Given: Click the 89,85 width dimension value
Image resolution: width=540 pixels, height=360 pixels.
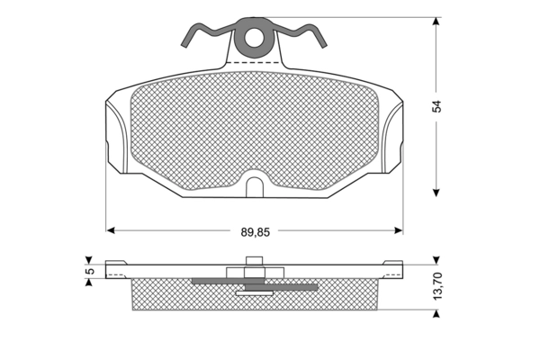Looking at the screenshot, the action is (256, 232).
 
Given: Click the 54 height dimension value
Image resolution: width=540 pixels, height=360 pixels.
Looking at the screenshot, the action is (436, 106).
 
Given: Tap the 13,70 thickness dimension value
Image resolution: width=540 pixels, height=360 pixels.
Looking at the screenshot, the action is (436, 285).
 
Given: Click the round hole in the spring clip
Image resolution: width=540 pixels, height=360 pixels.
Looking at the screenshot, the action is (254, 37).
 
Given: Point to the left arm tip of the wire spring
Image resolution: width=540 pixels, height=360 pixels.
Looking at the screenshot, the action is (184, 45).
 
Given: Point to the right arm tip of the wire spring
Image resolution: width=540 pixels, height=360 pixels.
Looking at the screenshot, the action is (323, 45).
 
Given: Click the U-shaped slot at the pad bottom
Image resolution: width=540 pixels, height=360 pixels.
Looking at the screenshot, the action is (255, 187).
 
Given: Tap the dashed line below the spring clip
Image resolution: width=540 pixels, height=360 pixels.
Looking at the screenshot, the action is (253, 63).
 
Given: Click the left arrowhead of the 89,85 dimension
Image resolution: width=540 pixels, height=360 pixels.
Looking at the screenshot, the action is (110, 230).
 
